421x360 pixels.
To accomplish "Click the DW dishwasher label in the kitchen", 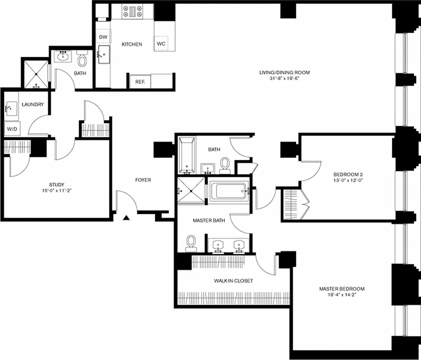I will [103, 36].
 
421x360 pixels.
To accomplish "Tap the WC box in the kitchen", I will [161, 43].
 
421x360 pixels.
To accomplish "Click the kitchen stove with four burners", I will [132, 12].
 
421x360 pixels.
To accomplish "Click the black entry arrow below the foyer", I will [127, 218].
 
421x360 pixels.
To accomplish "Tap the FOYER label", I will [143, 180].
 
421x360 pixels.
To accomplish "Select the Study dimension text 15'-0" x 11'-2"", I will [57, 190].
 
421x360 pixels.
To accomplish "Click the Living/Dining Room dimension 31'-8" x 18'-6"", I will [284, 78].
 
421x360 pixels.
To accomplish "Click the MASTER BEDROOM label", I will [342, 289].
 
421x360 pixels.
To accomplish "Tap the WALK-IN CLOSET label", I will [233, 281].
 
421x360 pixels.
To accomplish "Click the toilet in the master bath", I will [191, 243].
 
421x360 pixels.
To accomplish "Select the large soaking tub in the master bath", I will [229, 190].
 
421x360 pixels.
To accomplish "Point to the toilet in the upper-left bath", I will [82, 60].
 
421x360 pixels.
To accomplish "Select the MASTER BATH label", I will [206, 220].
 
